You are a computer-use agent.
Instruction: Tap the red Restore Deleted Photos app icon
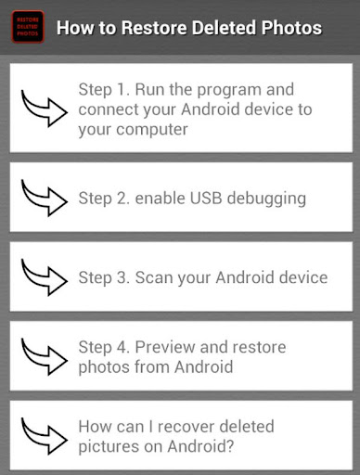point(28,27)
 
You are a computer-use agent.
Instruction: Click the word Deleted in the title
point(224,28)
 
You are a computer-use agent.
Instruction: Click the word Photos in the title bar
point(291,28)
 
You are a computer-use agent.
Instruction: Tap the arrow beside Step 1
point(44,109)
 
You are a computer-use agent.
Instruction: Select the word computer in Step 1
point(152,129)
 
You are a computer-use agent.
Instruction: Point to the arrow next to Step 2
point(44,198)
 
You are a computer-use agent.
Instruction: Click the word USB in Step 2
point(206,198)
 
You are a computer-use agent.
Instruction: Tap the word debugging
point(266,199)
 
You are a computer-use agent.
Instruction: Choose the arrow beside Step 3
point(44,277)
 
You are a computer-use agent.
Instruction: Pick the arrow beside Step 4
point(44,356)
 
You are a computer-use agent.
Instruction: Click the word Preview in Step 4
point(165,347)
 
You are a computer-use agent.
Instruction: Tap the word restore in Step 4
point(259,347)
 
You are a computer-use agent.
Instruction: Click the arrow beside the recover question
point(44,436)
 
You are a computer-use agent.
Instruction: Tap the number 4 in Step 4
point(122,347)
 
